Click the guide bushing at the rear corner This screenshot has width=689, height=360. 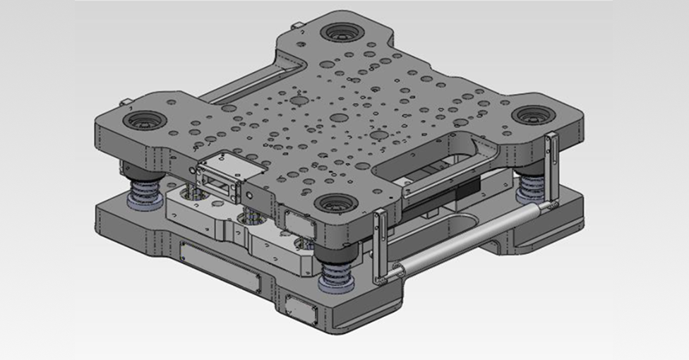pyautogui.click(x=342, y=32)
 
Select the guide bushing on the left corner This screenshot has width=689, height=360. pyautogui.click(x=145, y=119)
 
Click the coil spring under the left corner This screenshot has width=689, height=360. pyautogui.click(x=145, y=191)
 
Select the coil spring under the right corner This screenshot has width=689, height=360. pyautogui.click(x=531, y=188)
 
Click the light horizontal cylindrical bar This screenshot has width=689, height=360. pyautogui.click(x=469, y=236)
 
